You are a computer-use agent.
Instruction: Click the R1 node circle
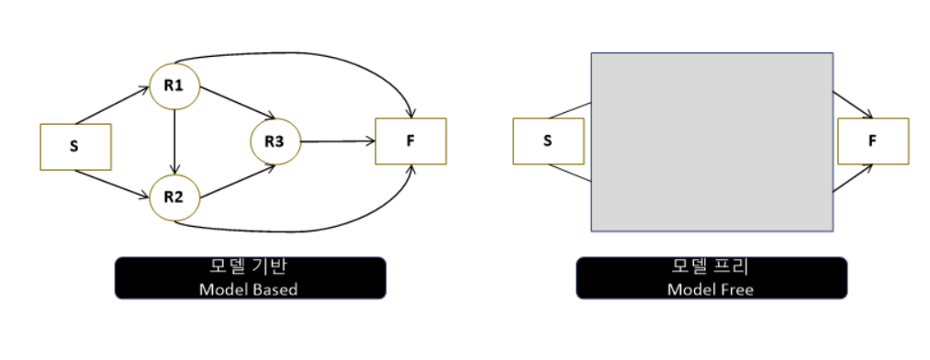coord(174,86)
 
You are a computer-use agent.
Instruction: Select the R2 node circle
coord(174,196)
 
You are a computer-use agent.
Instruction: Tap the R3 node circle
coord(275,141)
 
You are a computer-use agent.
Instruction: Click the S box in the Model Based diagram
coord(75,147)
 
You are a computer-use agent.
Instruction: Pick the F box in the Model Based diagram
coord(410,141)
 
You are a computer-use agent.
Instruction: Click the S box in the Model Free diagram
coord(547,141)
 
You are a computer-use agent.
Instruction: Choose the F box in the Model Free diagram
coord(873,141)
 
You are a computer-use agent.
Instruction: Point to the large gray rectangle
coord(712,141)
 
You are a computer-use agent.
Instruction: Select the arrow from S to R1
coord(112,107)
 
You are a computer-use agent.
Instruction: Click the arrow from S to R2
coord(112,184)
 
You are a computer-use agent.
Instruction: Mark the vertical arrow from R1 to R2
coord(174,141)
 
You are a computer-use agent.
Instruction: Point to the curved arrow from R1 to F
coord(303,54)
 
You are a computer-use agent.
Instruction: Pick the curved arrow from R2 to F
coord(303,228)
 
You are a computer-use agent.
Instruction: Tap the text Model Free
coord(711,289)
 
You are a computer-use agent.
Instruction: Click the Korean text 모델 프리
coord(711,269)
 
